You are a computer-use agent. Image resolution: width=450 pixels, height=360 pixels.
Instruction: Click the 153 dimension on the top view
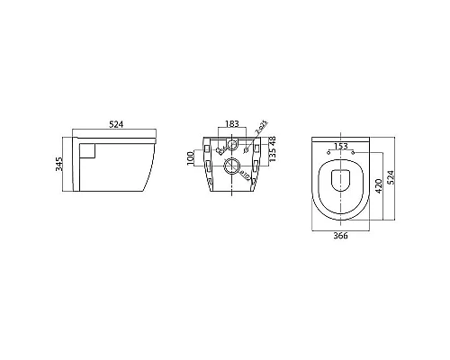tap(341, 146)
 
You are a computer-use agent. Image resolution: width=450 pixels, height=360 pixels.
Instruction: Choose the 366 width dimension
tap(341, 238)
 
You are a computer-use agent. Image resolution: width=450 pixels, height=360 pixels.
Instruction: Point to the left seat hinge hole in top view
tap(329, 151)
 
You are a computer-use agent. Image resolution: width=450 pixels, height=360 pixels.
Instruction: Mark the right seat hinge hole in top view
tap(353, 151)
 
